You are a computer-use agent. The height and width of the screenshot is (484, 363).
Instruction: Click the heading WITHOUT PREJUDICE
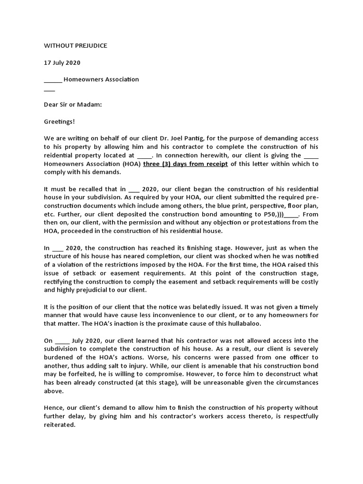click(x=76, y=46)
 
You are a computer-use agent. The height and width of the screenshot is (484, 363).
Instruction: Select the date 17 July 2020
click(x=62, y=62)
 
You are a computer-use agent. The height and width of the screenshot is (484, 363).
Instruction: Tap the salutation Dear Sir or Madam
click(x=73, y=104)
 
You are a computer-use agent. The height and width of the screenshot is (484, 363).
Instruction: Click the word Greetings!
click(x=59, y=121)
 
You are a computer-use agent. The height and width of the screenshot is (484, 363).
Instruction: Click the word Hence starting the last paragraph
click(x=54, y=408)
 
